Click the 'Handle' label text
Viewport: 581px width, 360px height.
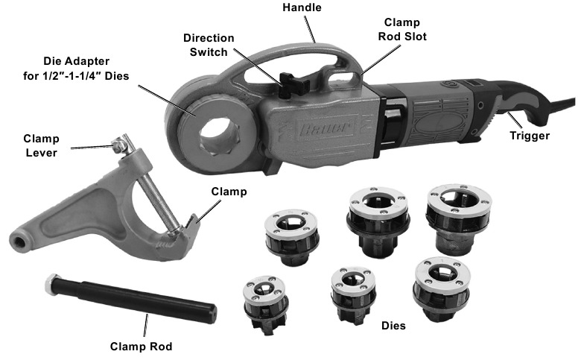[302, 7]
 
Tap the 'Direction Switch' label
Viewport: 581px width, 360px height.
[209, 45]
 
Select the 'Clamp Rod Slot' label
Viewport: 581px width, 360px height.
[402, 29]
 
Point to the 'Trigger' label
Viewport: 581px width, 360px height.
[529, 136]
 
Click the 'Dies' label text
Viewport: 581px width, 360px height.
[393, 326]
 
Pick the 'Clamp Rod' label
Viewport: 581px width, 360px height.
[142, 347]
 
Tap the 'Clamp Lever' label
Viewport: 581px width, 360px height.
[41, 145]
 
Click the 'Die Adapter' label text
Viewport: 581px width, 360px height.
[76, 61]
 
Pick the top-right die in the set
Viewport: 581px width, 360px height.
[459, 218]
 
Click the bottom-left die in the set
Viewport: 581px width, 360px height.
[266, 305]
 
